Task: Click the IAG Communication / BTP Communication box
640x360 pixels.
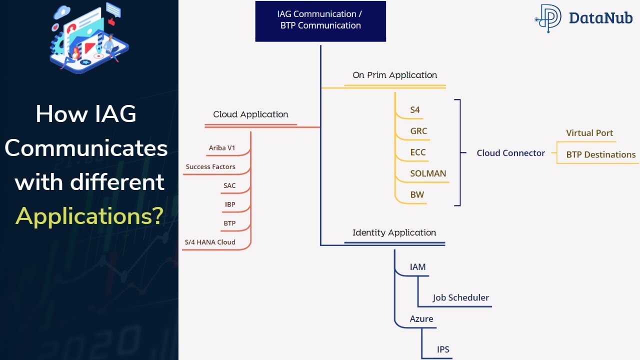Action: coord(320,20)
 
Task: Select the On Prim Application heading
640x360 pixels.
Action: coord(394,75)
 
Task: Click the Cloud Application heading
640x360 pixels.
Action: coord(250,114)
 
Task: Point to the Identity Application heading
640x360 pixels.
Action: coord(394,232)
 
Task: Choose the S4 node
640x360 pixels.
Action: coord(415,110)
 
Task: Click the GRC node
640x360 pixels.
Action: coord(418,131)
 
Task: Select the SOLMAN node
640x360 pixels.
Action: coord(428,174)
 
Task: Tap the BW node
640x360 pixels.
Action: coord(417,195)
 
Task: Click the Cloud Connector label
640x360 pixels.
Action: coord(510,153)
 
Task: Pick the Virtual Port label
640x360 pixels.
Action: coord(589,133)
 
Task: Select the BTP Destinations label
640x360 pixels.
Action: coord(600,155)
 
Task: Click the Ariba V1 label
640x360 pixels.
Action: coord(221,148)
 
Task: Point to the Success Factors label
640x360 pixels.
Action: coord(210,167)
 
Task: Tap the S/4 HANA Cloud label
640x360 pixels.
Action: coord(210,242)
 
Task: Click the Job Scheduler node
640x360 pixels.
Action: coord(460,298)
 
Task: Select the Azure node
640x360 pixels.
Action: coord(421,319)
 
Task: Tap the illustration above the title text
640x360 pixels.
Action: coord(89,37)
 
